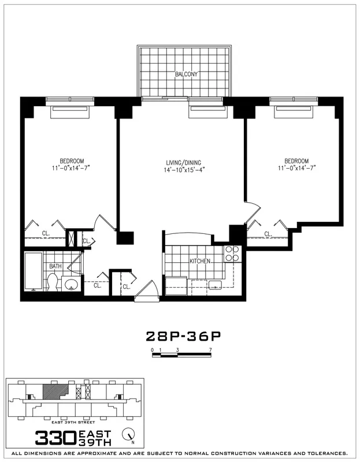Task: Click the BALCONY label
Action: tap(187, 74)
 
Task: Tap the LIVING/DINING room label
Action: tap(183, 162)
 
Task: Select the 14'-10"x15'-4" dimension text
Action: tap(183, 170)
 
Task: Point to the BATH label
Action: tap(55, 266)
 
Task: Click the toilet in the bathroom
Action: tap(52, 282)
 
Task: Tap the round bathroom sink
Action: tap(72, 284)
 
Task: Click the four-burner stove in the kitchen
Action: tap(231, 254)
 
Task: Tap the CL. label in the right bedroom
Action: tap(268, 234)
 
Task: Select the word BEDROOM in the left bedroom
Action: tap(72, 161)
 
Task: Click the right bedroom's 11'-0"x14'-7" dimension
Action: tap(296, 168)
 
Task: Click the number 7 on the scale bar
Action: tap(211, 350)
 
